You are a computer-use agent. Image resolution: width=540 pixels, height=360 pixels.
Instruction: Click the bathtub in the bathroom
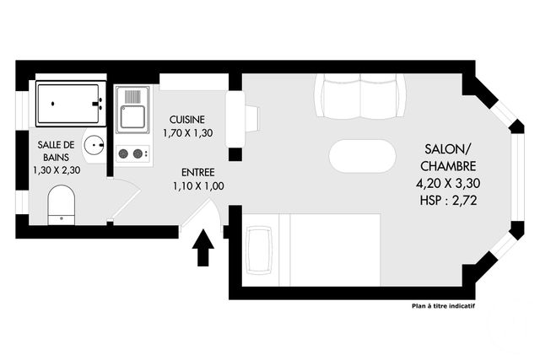point(70,104)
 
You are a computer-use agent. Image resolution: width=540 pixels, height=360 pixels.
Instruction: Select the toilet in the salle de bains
point(61,205)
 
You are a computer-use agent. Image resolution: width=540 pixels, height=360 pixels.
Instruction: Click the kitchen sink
point(133,108)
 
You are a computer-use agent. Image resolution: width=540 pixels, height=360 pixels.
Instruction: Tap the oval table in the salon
point(361,156)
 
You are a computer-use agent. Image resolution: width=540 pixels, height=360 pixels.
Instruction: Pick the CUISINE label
point(186,119)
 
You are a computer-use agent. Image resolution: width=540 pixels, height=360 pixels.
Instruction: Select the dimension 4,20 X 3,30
point(448,182)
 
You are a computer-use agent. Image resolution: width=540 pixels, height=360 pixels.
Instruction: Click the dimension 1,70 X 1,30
point(186,132)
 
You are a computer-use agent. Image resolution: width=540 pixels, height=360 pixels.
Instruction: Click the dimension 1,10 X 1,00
point(197,185)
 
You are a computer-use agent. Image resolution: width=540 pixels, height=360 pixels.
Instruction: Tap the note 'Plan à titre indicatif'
point(443,307)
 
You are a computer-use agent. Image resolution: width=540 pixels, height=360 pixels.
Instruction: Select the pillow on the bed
point(259,250)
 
